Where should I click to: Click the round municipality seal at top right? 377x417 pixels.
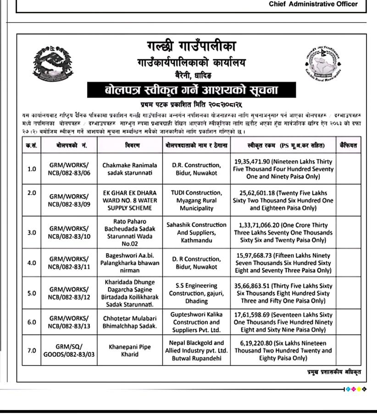(x=324, y=62)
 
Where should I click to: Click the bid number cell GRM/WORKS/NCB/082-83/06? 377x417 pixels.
(x=69, y=169)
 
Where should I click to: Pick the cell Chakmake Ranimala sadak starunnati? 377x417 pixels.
(x=130, y=169)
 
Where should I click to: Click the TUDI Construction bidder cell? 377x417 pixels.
(x=196, y=200)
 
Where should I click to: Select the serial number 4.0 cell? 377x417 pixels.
(x=32, y=263)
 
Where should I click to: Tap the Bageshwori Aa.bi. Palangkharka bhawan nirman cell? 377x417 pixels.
(x=130, y=263)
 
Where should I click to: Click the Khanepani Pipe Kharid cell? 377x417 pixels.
(x=130, y=351)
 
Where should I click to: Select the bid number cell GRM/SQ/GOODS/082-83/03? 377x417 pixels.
(x=69, y=351)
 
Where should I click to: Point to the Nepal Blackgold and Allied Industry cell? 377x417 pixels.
(x=196, y=351)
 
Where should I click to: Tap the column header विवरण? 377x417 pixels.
(x=130, y=146)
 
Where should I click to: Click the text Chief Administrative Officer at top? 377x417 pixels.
(x=319, y=4)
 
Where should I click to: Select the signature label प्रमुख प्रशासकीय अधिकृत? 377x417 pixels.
(x=334, y=372)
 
